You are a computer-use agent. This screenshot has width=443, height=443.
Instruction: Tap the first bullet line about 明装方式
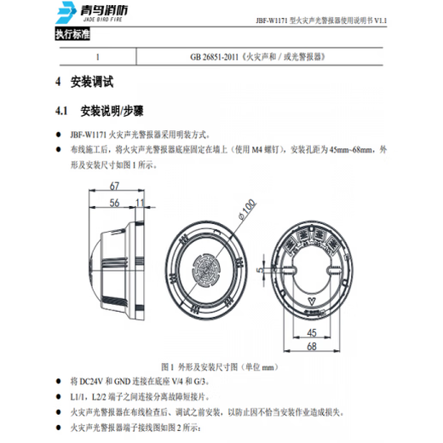point(152,134)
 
